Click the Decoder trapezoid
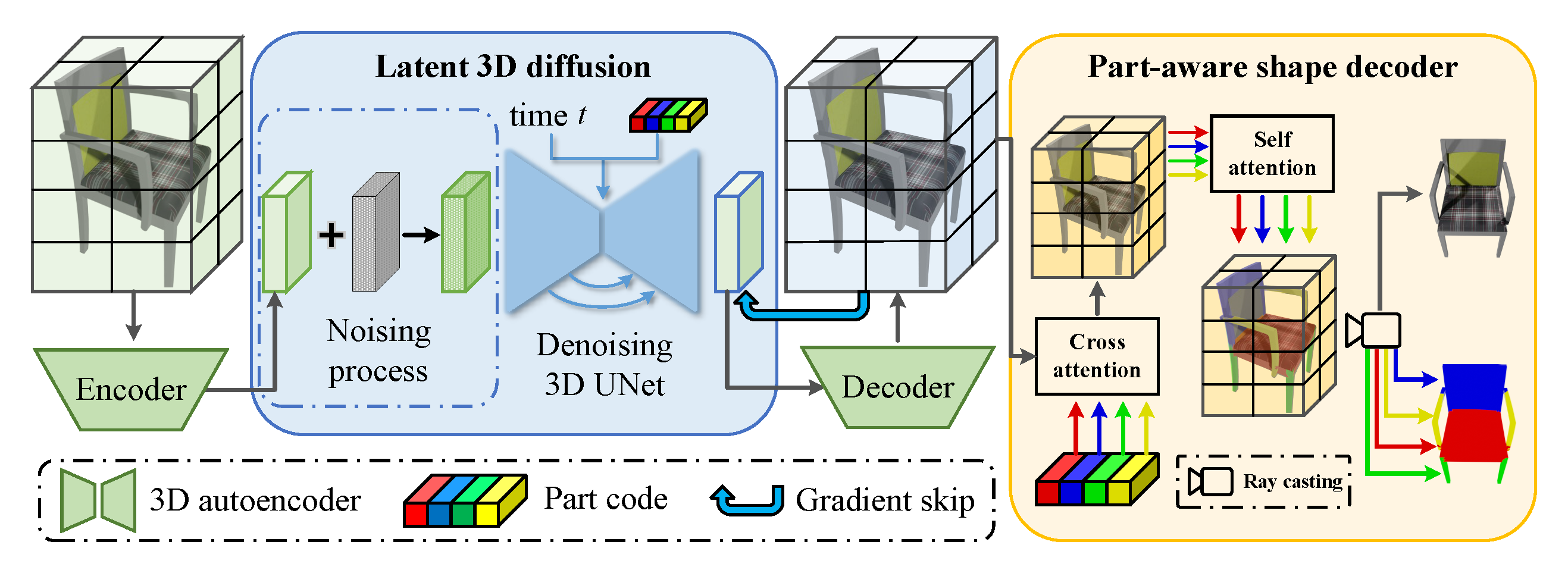[897, 387]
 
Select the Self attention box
[1272, 154]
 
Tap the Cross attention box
[1096, 356]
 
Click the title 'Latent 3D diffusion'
[512, 67]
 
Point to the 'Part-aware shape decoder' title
[1272, 67]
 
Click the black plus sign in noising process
[331, 235]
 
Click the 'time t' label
[548, 115]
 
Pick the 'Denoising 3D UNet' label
[604, 364]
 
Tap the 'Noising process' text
[378, 350]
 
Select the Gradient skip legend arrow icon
[747, 500]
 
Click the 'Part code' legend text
[605, 499]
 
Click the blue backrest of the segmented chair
[1473, 387]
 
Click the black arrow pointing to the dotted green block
[421, 235]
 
